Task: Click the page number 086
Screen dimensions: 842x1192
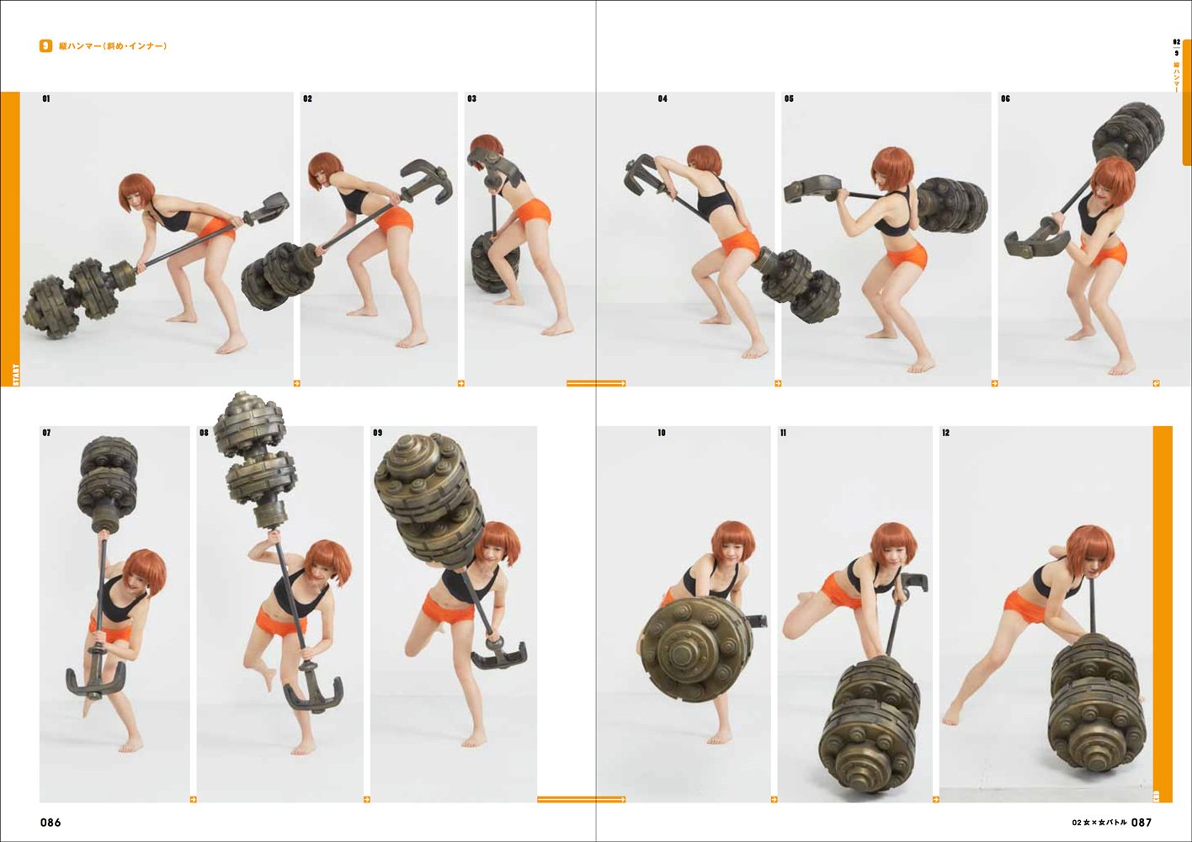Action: tap(51, 823)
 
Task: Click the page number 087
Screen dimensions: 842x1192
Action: tap(1141, 823)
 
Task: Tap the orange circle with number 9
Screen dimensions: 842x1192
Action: tap(45, 46)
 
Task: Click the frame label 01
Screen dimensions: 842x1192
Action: tap(46, 99)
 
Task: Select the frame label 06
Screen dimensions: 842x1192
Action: tap(1005, 99)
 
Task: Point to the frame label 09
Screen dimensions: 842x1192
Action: tap(378, 433)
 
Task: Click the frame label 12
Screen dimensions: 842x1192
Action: tap(946, 433)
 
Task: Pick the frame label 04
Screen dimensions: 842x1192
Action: tap(663, 99)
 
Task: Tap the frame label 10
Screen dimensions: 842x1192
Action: tap(662, 433)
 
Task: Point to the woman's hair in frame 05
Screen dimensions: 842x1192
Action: tap(892, 163)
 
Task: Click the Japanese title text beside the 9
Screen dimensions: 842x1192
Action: tap(113, 46)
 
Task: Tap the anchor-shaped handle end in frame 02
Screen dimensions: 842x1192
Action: tap(427, 182)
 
